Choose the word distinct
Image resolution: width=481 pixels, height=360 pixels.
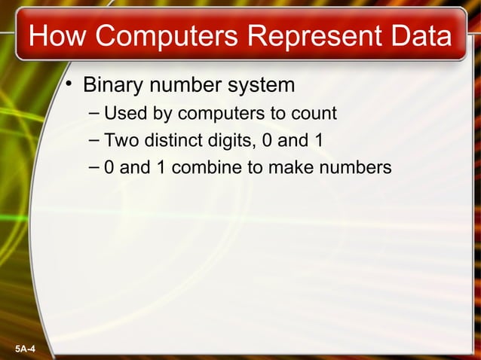173,140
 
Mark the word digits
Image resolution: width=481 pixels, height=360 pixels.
230,140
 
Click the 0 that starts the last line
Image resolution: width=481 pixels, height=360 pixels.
110,166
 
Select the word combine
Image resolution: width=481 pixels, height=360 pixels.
213,166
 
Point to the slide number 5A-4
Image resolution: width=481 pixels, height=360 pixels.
29,349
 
